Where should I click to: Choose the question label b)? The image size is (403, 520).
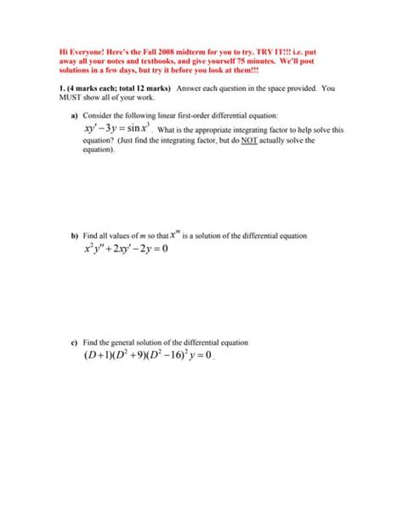point(75,235)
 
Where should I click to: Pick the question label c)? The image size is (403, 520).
point(75,342)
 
